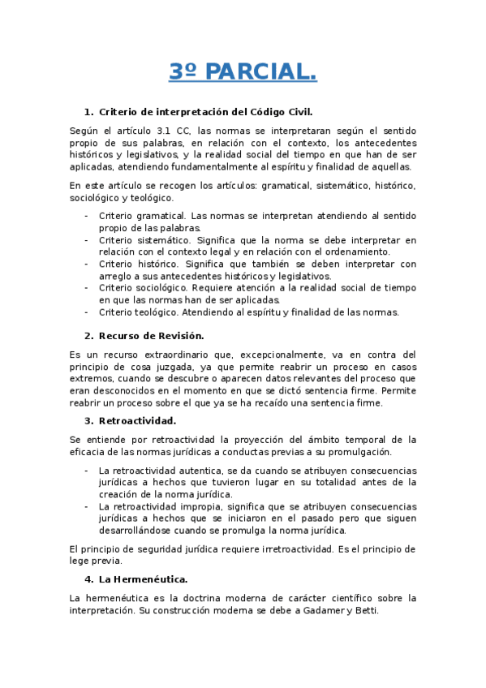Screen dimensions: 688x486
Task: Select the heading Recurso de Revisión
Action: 151,335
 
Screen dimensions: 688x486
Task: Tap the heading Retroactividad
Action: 137,420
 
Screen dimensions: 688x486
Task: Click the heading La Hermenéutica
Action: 143,579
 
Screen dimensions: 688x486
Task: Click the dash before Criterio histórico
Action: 87,264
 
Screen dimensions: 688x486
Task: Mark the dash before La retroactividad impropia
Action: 87,506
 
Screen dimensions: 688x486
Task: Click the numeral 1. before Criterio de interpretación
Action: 89,111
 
